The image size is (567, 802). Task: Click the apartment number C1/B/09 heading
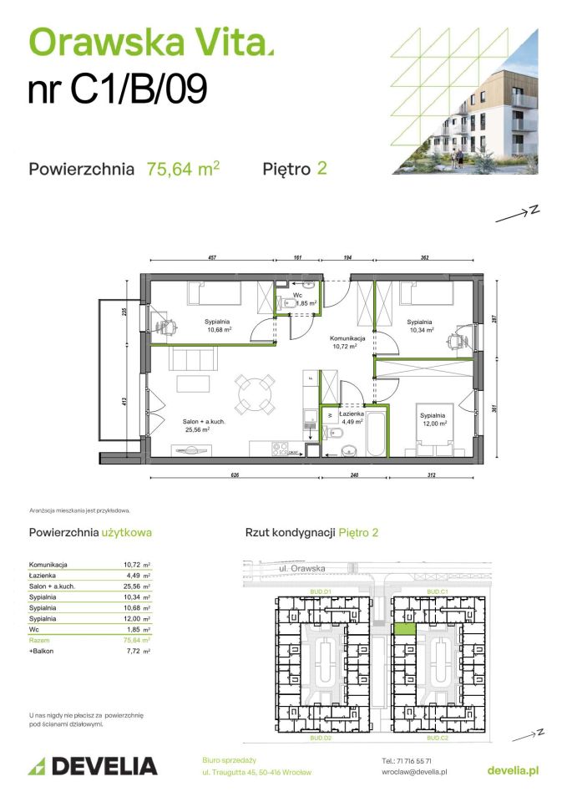[x=117, y=90]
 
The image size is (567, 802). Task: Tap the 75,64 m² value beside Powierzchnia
[x=183, y=169]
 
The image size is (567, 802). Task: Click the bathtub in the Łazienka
[x=376, y=433]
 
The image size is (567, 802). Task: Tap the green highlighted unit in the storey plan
[x=404, y=629]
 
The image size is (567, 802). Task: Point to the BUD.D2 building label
[x=321, y=739]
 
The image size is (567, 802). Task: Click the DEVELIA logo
[x=93, y=765]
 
